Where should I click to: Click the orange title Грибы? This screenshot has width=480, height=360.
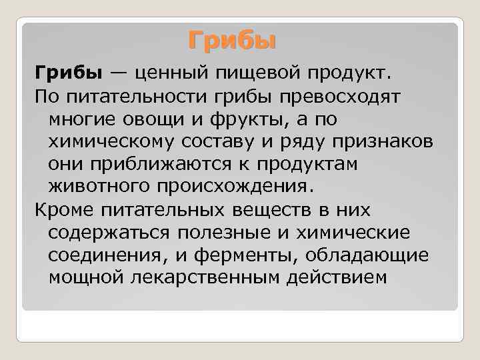click(231, 41)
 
